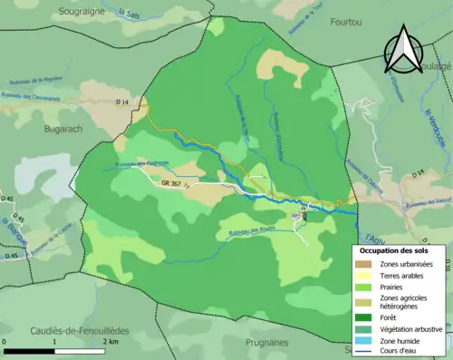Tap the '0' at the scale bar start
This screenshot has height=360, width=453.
click(x=5, y=342)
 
